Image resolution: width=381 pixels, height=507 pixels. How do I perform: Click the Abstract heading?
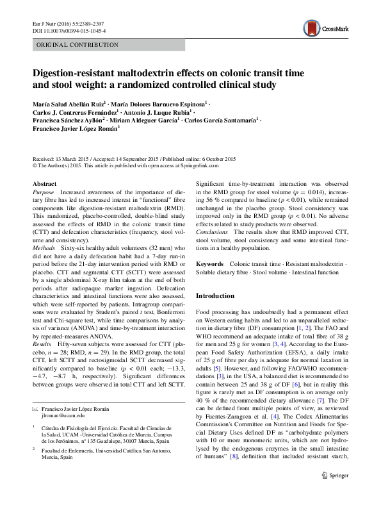(44, 184)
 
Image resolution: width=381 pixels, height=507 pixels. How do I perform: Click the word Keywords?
(209, 263)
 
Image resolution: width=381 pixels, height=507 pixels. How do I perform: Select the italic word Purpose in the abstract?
(44, 192)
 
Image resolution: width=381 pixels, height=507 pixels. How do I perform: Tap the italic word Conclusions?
(212, 231)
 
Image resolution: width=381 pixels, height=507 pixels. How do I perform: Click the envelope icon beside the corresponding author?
(35, 408)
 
